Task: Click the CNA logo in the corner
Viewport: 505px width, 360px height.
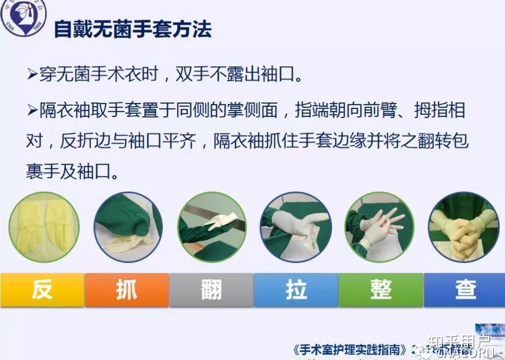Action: click(x=23, y=17)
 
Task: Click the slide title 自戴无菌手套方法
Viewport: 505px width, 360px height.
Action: click(x=132, y=29)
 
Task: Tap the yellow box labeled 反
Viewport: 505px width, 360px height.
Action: click(x=42, y=290)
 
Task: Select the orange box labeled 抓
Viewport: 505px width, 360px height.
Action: click(x=126, y=290)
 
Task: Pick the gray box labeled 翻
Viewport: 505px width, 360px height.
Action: click(x=211, y=290)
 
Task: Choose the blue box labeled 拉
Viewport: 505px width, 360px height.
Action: click(x=296, y=290)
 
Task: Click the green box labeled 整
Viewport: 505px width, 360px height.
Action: click(x=381, y=290)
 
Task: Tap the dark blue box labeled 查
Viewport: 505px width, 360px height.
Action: click(x=465, y=290)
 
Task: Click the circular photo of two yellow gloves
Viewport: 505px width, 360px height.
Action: click(x=44, y=227)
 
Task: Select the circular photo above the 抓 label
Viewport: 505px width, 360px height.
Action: click(x=128, y=227)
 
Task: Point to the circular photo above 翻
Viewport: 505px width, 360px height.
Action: click(x=212, y=227)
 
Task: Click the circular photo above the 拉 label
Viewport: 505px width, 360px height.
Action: click(x=296, y=227)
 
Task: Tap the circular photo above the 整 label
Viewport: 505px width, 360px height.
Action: click(x=379, y=227)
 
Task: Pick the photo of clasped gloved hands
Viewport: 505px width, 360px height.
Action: click(x=463, y=227)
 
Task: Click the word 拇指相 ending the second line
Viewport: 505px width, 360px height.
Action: click(x=440, y=110)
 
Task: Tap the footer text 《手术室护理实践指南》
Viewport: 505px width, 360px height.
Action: click(x=350, y=350)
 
